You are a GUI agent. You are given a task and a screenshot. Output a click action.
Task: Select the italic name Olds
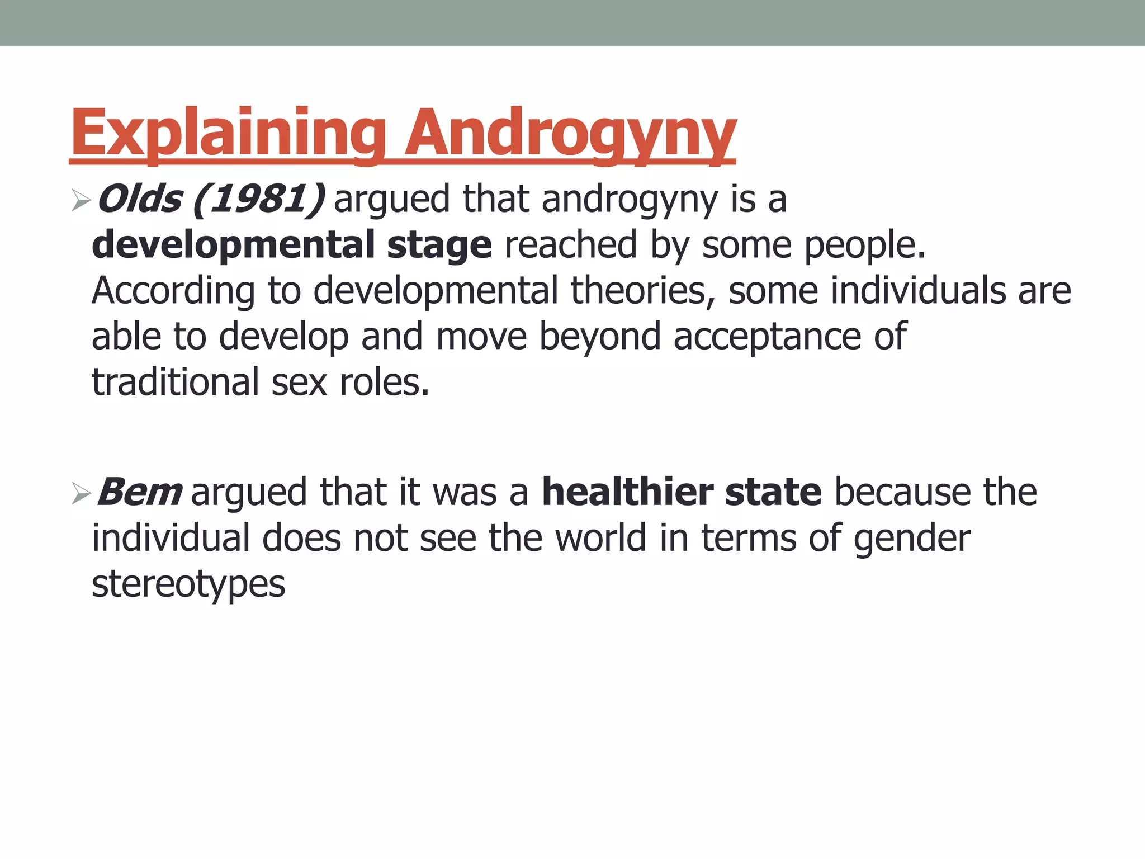tap(140, 199)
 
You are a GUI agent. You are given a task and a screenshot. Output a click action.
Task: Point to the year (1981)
tap(259, 199)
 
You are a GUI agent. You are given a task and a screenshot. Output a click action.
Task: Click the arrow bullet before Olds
tap(81, 200)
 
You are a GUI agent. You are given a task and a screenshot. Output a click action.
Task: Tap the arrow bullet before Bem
tap(81, 494)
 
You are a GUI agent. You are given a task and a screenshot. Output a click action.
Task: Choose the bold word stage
tap(439, 246)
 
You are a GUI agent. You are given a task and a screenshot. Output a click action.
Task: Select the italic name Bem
tap(140, 493)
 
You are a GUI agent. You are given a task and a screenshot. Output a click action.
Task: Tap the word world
tap(600, 539)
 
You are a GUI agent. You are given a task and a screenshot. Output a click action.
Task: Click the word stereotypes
tap(188, 585)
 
